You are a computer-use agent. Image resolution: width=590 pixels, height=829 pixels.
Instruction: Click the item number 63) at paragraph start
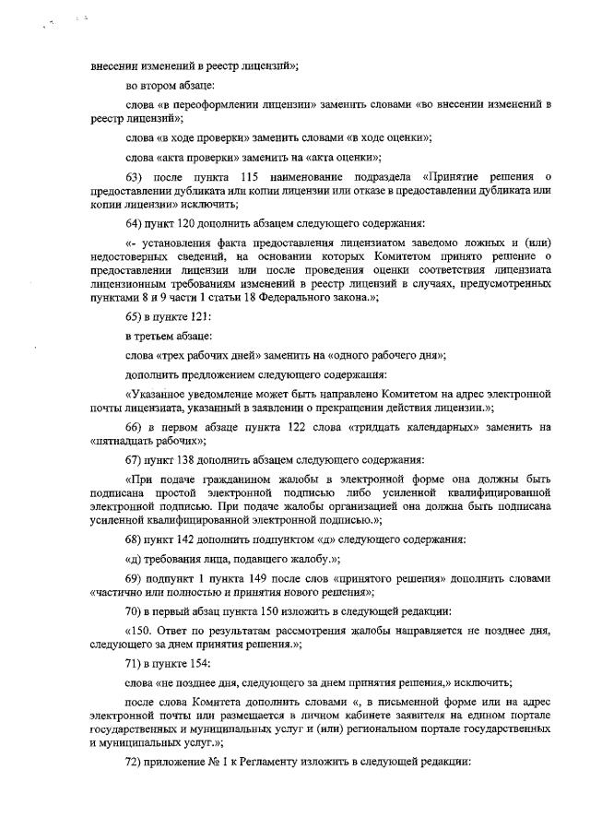tap(134, 176)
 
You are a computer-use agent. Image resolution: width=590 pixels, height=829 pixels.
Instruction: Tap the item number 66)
tap(134, 427)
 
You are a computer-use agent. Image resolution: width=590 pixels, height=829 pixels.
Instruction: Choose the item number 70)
tap(134, 610)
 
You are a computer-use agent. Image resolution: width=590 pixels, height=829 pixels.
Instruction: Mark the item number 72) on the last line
tap(134, 763)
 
